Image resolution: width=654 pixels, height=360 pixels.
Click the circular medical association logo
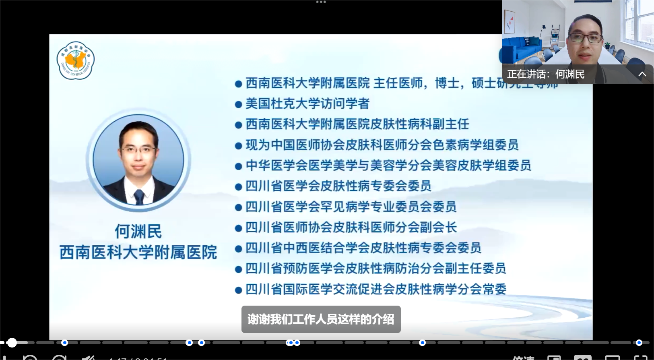coord(75,60)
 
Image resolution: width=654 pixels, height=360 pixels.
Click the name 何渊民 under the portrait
coord(138,232)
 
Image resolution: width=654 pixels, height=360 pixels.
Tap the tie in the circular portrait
coord(139,196)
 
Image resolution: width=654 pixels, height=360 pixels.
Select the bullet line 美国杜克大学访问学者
coord(307,103)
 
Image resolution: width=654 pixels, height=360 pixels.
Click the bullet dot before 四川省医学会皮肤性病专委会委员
coord(238,187)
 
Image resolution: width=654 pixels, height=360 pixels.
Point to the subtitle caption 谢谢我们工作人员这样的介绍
coord(321,319)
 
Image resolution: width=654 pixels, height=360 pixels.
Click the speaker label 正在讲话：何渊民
coord(545,74)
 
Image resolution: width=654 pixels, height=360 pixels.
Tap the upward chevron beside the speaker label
coord(642,74)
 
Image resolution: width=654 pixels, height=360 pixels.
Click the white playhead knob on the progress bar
coord(12,343)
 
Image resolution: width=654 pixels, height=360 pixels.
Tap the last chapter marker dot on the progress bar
coord(639,343)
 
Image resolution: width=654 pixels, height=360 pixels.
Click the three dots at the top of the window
coord(321,2)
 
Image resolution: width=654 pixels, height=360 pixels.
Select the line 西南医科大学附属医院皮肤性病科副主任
coord(357,124)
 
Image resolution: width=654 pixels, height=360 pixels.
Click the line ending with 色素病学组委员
coord(382,145)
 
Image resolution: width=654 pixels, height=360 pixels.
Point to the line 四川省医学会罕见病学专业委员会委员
coord(351,207)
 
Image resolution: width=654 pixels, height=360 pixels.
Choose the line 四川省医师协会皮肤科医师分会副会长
coord(351,227)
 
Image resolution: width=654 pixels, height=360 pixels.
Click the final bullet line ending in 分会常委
coord(376,289)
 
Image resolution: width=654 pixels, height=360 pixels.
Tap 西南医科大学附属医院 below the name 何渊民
coord(138,252)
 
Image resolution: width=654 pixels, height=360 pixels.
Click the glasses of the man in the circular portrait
coord(138,150)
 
